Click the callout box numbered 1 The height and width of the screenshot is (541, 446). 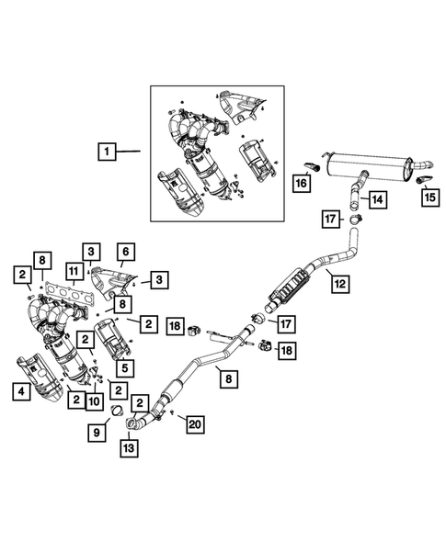click(107, 152)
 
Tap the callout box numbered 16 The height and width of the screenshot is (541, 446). click(302, 183)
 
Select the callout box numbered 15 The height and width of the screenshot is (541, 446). click(430, 197)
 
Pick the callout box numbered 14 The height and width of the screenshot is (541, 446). click(378, 199)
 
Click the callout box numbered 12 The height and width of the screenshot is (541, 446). click(340, 284)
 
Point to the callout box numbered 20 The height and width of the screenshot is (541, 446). click(195, 424)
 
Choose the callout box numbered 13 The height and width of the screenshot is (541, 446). click(129, 448)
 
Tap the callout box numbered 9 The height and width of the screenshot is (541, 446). click(97, 433)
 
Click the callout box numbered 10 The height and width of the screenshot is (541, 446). click(94, 401)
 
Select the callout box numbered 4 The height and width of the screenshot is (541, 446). click(21, 391)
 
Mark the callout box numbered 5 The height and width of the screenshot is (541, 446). click(125, 368)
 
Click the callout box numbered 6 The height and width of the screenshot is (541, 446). click(125, 252)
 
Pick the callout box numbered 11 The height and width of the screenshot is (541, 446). click(74, 272)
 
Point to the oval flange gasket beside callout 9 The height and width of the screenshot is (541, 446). click(117, 411)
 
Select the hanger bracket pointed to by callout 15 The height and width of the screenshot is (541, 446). click(423, 179)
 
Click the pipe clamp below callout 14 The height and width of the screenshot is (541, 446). click(355, 218)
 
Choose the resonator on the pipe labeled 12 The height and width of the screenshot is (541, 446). click(289, 285)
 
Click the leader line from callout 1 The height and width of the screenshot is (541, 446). click(128, 151)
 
